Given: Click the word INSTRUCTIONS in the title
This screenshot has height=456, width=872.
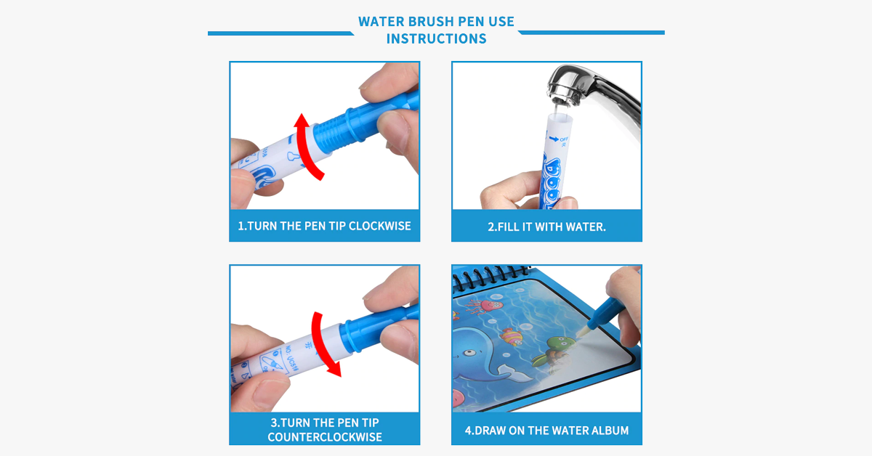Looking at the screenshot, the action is tap(437, 38).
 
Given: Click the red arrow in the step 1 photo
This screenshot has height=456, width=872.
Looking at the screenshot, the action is tap(306, 148).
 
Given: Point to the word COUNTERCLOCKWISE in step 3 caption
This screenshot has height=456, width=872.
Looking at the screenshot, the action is tap(325, 437).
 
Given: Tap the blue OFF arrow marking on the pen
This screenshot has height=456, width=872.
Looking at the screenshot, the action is tap(554, 139).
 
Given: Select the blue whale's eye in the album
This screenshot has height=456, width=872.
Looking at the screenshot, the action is tap(470, 352).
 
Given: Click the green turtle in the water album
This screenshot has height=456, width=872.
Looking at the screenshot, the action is tap(552, 352).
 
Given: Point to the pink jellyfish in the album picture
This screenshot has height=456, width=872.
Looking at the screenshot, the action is tap(485, 306).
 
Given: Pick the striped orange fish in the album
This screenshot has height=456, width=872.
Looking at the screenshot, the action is tap(511, 336).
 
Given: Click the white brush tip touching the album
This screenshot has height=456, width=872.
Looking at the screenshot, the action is tap(582, 332).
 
